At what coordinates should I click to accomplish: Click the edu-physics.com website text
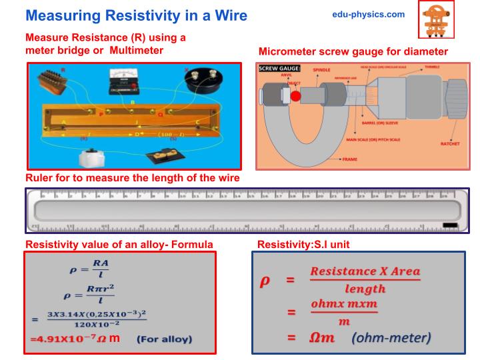point(368,14)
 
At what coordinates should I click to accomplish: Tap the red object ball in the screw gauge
point(295,96)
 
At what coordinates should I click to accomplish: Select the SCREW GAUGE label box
point(279,69)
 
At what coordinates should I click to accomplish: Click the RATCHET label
point(450,143)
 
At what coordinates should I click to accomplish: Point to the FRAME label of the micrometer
point(349,160)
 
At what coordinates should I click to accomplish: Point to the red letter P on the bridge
point(101,114)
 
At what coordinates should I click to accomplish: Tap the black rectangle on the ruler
point(449,225)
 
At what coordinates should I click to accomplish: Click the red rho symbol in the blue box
point(264,281)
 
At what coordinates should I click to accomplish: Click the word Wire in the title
point(225,15)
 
